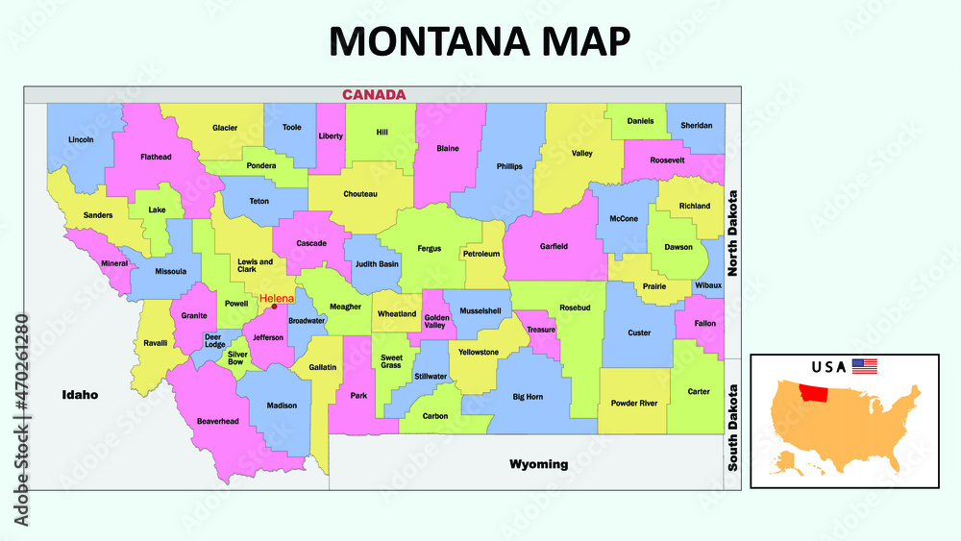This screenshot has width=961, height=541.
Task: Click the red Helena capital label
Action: [x=277, y=299]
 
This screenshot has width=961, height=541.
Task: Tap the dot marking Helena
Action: [x=274, y=307]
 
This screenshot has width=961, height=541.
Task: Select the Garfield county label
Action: [x=554, y=247]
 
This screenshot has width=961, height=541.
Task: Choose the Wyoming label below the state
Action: [x=538, y=464]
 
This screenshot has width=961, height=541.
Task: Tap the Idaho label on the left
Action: [x=80, y=394]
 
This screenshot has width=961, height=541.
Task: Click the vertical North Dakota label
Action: [x=732, y=234]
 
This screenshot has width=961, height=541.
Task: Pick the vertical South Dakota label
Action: [x=732, y=428]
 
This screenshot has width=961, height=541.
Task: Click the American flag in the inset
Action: [x=865, y=366]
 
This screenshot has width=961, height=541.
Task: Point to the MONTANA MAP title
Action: [x=480, y=41]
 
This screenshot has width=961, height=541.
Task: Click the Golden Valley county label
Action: [x=437, y=322]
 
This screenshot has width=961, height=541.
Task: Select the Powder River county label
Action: [x=634, y=404]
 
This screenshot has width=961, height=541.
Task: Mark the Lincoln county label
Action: [x=82, y=139]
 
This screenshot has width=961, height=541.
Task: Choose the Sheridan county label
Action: [x=697, y=125]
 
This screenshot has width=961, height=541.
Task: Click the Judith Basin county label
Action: [x=377, y=264]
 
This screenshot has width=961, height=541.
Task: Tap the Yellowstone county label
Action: [x=479, y=352]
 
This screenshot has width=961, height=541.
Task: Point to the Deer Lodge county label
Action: [x=213, y=340]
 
